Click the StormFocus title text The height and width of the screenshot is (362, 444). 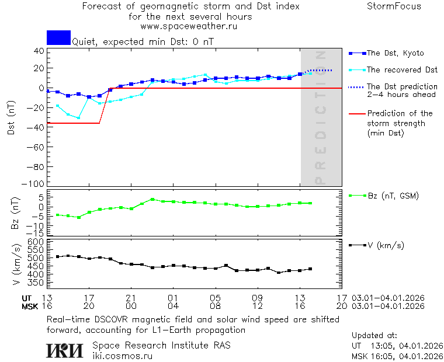(394, 7)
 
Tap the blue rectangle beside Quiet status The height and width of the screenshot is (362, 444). (58, 37)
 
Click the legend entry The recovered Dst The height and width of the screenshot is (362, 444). (401, 70)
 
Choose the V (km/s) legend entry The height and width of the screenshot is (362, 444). (385, 245)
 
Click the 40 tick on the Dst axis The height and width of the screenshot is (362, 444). (39, 51)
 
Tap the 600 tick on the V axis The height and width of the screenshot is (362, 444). (37, 242)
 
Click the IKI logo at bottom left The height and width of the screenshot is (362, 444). (64, 350)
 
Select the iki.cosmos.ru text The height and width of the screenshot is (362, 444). (122, 356)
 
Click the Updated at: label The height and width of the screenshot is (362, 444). (374, 336)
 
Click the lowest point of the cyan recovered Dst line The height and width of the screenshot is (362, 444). (78, 118)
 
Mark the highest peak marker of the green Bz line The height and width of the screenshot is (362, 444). (152, 200)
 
